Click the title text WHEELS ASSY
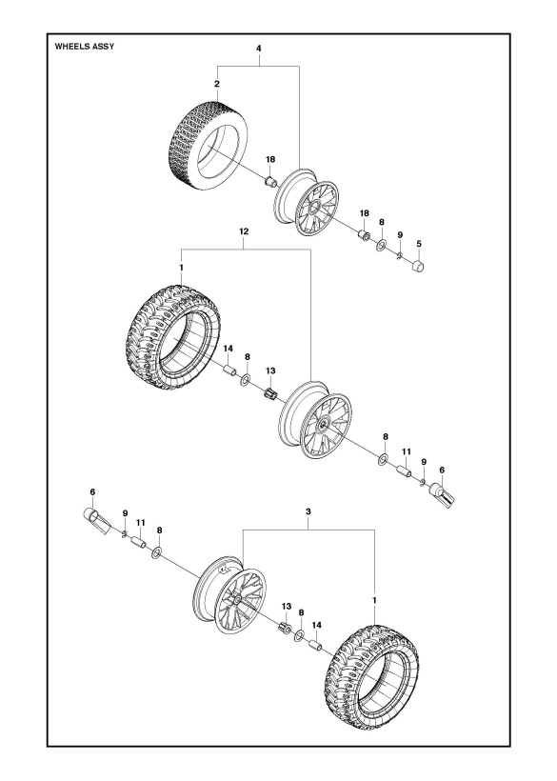(85, 46)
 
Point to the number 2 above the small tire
(217, 85)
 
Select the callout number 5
(419, 244)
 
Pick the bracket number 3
(308, 511)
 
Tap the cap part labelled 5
(418, 268)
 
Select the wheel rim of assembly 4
(309, 205)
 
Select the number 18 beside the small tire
(270, 159)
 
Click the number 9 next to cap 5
(400, 234)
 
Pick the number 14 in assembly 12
(229, 350)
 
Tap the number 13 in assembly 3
(285, 605)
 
